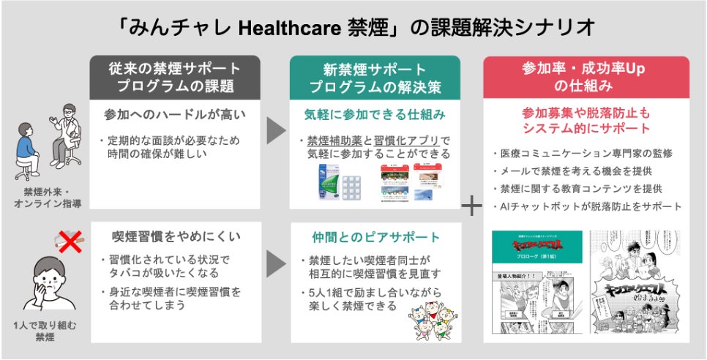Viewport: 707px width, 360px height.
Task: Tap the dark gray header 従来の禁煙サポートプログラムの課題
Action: pyautogui.click(x=173, y=78)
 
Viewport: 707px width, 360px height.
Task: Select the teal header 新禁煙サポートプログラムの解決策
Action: pyautogui.click(x=374, y=78)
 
